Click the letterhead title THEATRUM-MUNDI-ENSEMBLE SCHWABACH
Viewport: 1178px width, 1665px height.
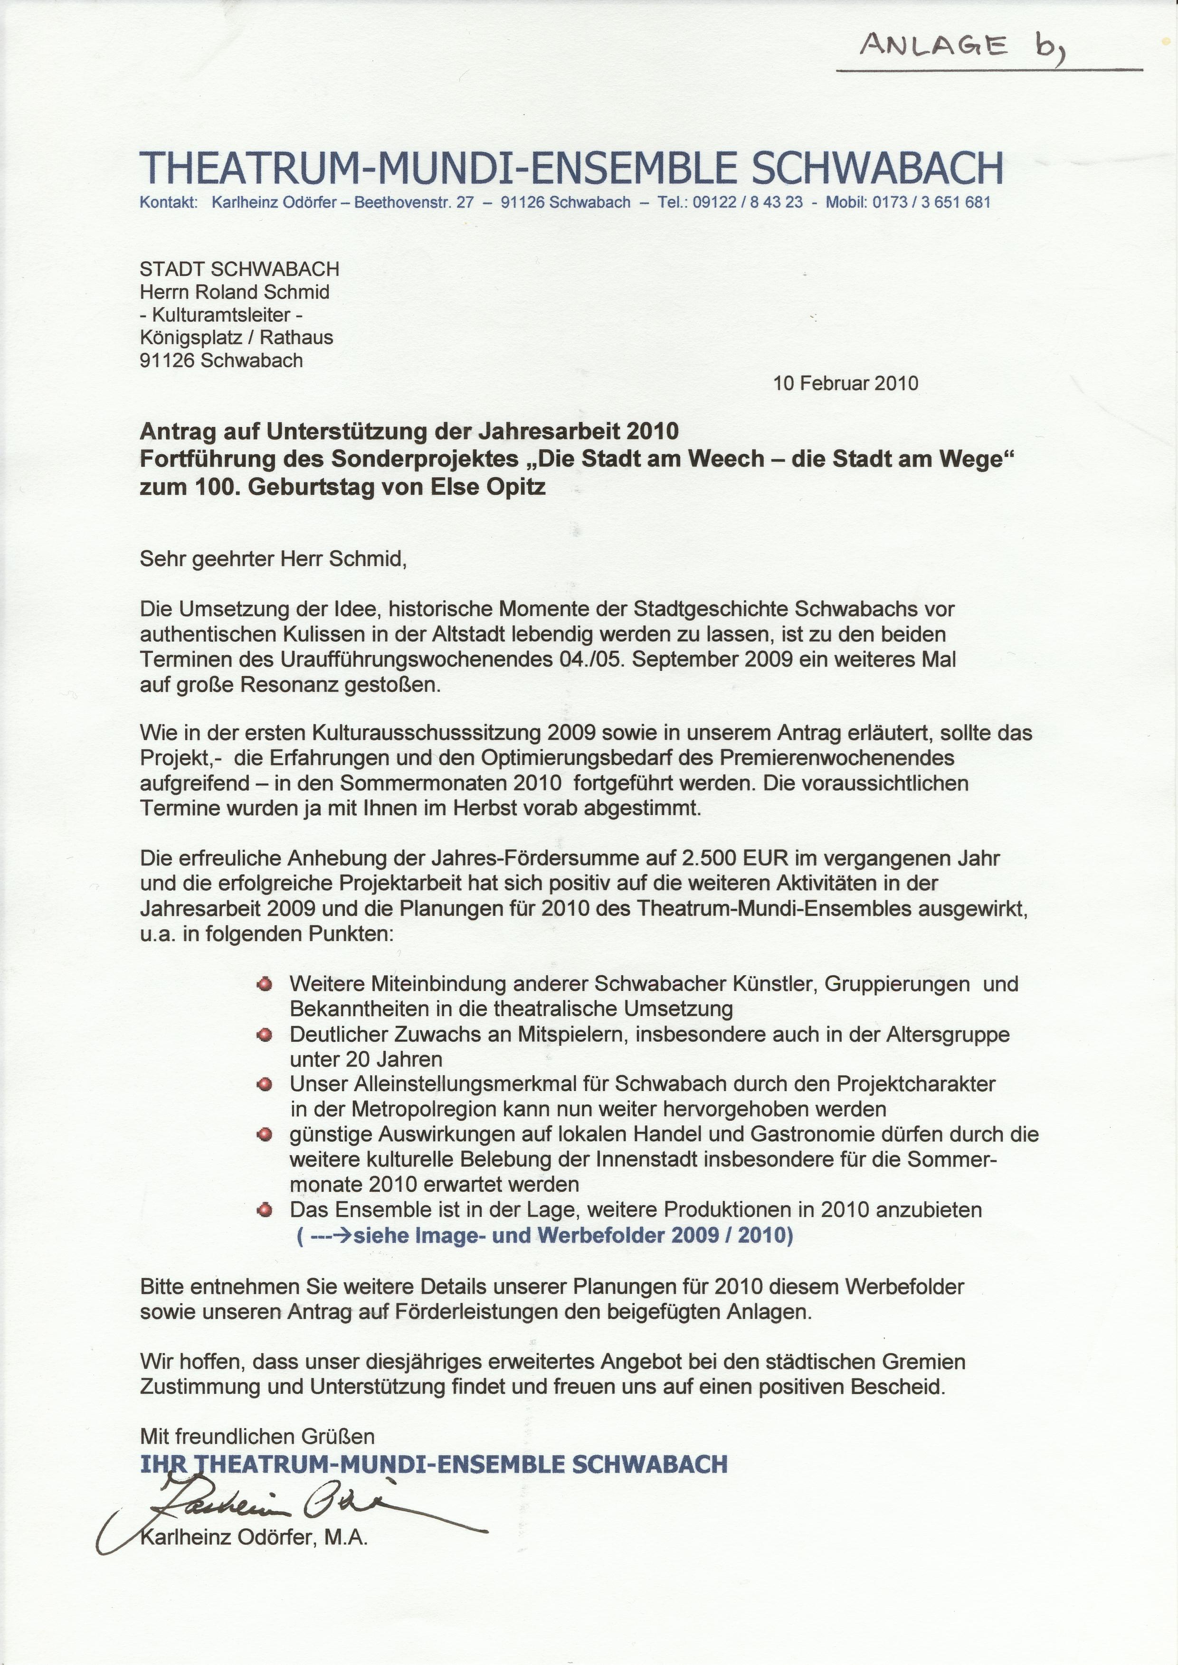571,168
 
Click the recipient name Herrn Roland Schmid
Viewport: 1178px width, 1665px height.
234,292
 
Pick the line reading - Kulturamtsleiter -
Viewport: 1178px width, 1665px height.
221,315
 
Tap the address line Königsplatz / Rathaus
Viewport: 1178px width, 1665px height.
237,337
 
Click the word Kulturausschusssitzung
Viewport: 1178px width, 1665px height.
429,733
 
